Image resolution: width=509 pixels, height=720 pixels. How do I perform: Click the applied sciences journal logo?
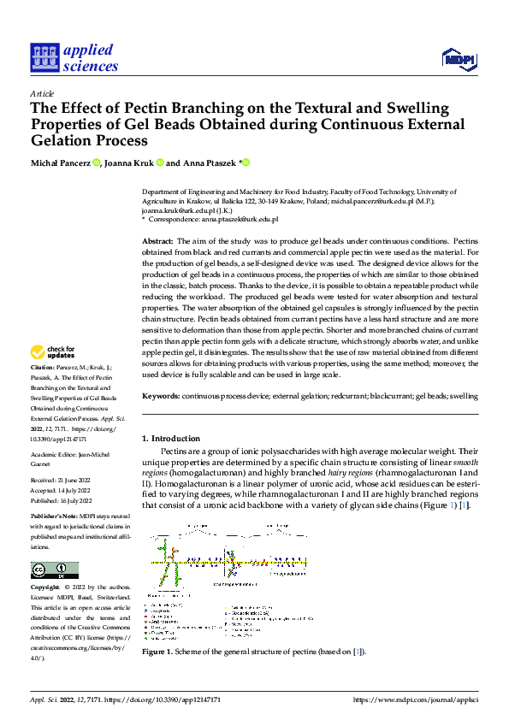click(x=74, y=57)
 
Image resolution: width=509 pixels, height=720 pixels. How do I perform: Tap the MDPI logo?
click(x=458, y=58)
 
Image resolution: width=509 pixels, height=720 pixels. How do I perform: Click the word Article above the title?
click(x=42, y=94)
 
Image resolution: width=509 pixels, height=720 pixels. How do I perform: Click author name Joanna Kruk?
click(x=130, y=162)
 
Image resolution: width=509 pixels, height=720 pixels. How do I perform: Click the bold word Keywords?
click(x=161, y=397)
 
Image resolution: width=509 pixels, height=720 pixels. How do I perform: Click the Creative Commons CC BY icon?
click(x=54, y=570)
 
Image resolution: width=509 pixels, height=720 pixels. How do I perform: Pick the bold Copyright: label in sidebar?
click(x=46, y=588)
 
